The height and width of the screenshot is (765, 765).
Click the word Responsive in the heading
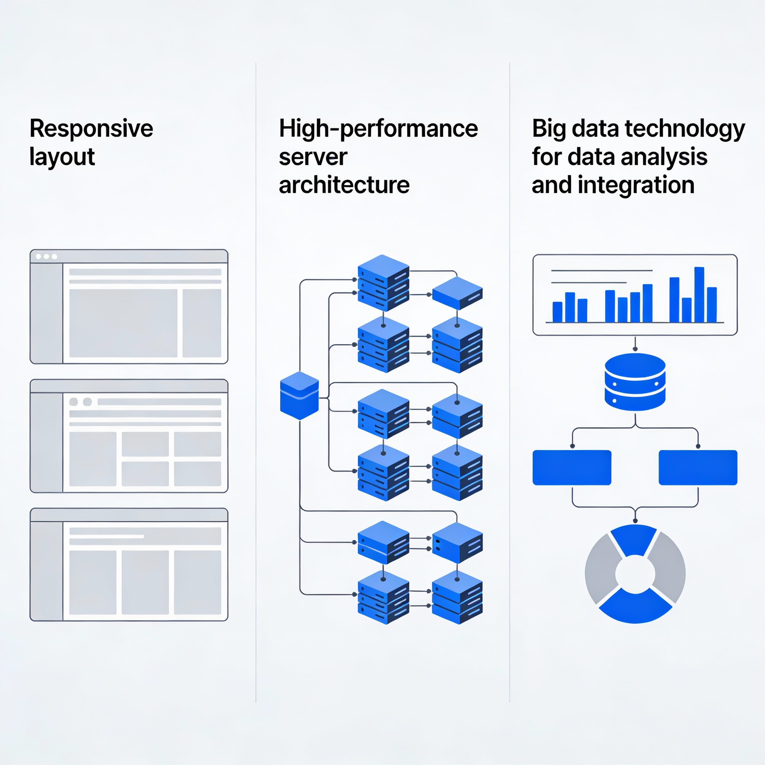point(91,129)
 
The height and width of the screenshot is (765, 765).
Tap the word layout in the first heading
point(62,157)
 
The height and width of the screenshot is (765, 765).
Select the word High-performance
point(378,129)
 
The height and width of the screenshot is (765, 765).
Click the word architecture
point(344,185)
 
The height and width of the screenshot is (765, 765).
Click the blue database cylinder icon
point(635,382)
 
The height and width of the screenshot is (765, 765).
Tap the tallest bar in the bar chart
point(699,295)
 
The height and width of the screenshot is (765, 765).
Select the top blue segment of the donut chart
point(634,539)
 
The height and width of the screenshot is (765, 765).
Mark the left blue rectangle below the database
point(572,467)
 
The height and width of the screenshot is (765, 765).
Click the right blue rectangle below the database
point(698,467)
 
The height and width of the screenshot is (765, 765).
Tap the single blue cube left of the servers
point(299,396)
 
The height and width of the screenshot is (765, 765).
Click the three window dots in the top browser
point(46,257)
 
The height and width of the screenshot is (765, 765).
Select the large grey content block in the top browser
point(123,323)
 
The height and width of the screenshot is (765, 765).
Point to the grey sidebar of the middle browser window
point(47,442)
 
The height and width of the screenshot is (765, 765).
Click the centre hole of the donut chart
point(635,574)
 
